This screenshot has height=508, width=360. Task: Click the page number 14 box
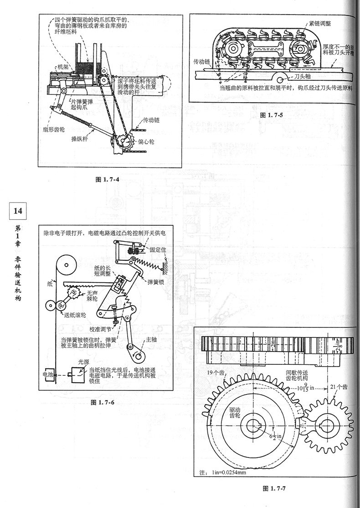click(17, 211)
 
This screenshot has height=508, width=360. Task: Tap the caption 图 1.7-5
click(272, 115)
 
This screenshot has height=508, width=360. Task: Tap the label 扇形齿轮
click(48, 129)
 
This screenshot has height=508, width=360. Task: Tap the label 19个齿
click(216, 373)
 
